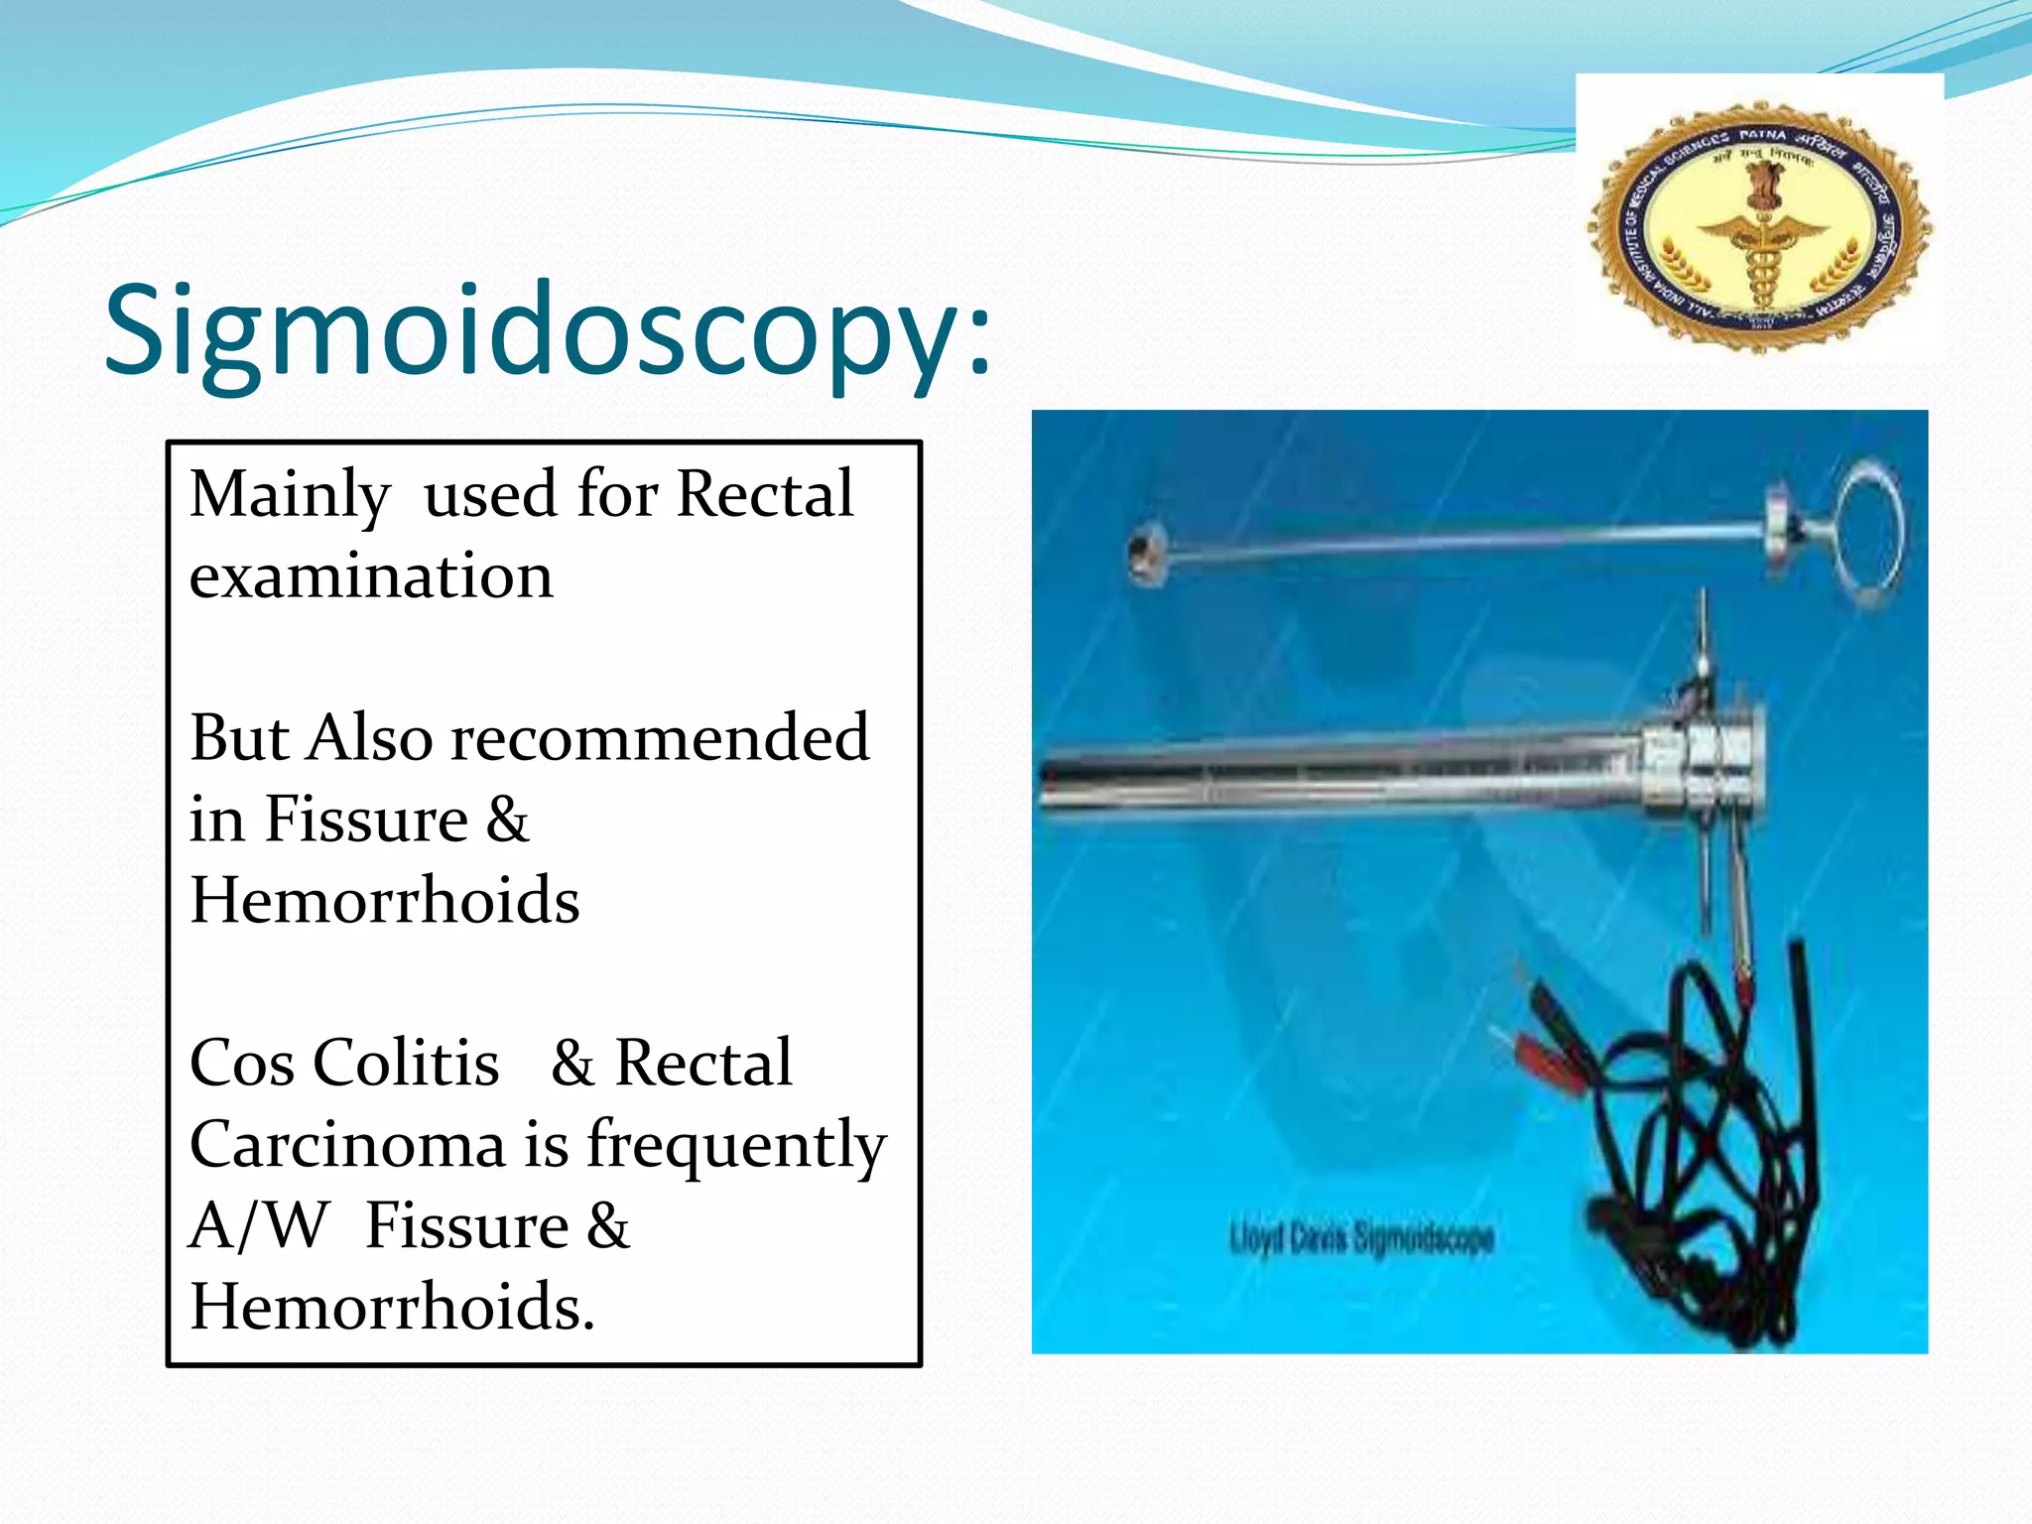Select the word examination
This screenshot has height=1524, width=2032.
371,576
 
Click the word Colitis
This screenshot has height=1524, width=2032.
406,1064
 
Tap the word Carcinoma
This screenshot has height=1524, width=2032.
347,1145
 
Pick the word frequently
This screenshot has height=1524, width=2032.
735,1145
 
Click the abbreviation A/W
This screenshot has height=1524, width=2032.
257,1226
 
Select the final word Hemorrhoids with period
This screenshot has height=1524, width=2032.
392,1308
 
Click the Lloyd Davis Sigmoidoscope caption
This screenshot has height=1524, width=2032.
1360,1238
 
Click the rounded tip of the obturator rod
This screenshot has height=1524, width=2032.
1147,554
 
